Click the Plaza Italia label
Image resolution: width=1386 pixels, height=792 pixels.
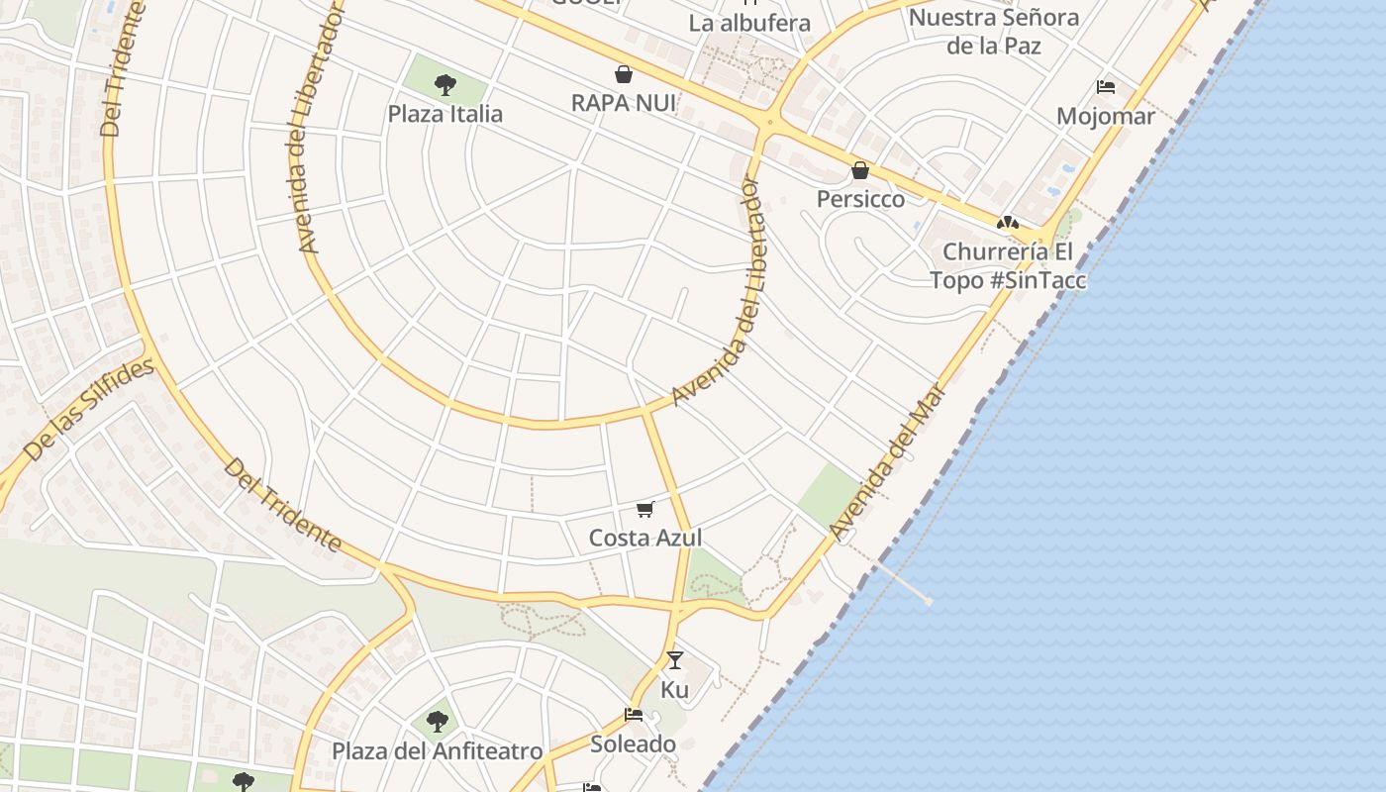pos(445,114)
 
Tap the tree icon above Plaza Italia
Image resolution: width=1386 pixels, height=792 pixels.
pos(445,84)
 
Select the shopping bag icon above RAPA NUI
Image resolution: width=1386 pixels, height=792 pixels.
pos(624,74)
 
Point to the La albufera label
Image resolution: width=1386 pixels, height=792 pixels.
pos(748,23)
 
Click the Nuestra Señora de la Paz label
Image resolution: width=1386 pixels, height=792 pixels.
pos(993,31)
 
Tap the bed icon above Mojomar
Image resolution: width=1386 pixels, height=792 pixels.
pos(1106,87)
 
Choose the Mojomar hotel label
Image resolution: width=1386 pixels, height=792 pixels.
pos(1105,117)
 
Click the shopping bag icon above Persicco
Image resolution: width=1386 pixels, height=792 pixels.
pos(860,170)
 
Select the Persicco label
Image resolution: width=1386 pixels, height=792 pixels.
pos(860,199)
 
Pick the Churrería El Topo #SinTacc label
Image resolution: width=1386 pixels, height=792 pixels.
pos(1008,265)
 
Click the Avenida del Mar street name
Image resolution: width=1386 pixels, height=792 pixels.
pos(888,461)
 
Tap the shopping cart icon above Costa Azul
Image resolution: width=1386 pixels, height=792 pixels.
pos(645,509)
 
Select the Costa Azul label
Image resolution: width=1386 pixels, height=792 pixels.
pos(645,538)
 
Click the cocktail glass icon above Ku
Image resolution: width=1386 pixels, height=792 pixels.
pos(675,659)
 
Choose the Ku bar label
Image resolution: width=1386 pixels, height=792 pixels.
pos(674,689)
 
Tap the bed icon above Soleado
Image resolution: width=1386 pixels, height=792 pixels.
pos(634,715)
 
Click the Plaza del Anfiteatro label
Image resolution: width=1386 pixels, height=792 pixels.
pos(437,751)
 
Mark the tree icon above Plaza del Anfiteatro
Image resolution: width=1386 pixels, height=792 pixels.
pos(437,722)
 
